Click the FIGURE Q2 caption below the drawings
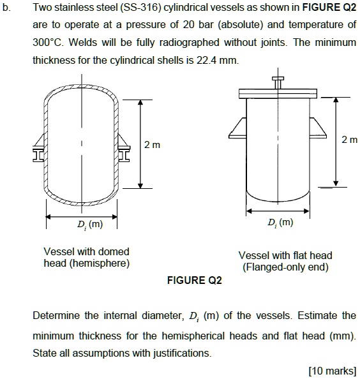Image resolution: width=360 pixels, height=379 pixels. point(193,281)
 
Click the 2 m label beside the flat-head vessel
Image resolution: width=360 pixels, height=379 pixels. point(350,139)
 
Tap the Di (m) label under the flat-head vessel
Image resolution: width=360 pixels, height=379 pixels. point(280,223)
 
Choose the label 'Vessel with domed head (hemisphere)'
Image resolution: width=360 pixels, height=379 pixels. point(86,257)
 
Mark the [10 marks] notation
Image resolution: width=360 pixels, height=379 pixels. point(332,371)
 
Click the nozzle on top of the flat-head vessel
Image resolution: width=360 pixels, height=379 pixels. point(277,83)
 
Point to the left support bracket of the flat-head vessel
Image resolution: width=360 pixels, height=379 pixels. point(238,128)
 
